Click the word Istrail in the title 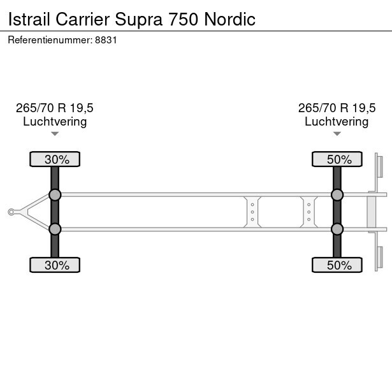tap(29, 19)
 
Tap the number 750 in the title tap(184, 19)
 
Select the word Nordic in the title tap(229, 19)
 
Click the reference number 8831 tap(106, 40)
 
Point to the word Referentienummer tap(50, 40)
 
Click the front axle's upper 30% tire tap(55, 159)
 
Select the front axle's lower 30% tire tap(55, 265)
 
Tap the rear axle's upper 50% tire tap(337, 159)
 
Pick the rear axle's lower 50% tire tap(337, 265)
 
